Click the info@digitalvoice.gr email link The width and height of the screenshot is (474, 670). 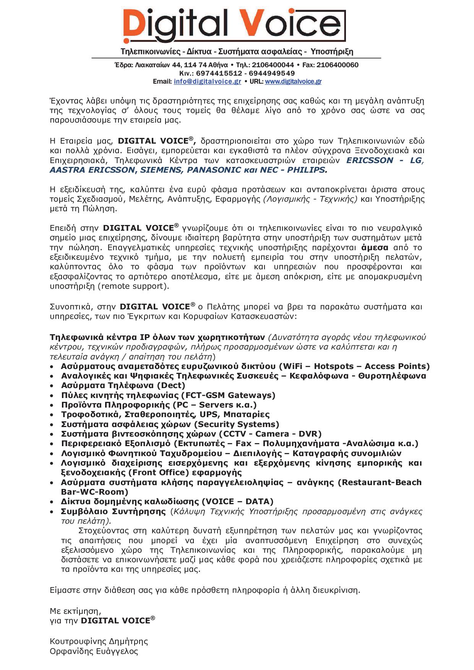(x=207, y=81)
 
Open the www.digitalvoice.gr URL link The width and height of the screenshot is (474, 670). (x=293, y=81)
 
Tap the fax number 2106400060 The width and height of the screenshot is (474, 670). (x=338, y=65)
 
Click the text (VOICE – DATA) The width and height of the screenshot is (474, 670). (x=237, y=502)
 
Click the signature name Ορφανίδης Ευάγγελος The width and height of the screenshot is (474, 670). (x=94, y=651)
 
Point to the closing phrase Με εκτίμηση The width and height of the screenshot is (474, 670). (x=75, y=611)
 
